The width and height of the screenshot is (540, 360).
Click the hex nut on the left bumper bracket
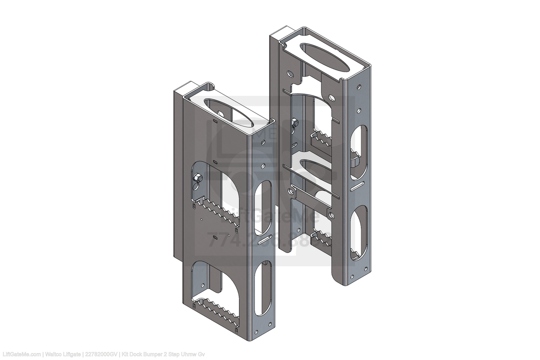197,180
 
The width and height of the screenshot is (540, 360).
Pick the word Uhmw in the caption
188,354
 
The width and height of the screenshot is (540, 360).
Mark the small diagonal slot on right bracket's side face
359,185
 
